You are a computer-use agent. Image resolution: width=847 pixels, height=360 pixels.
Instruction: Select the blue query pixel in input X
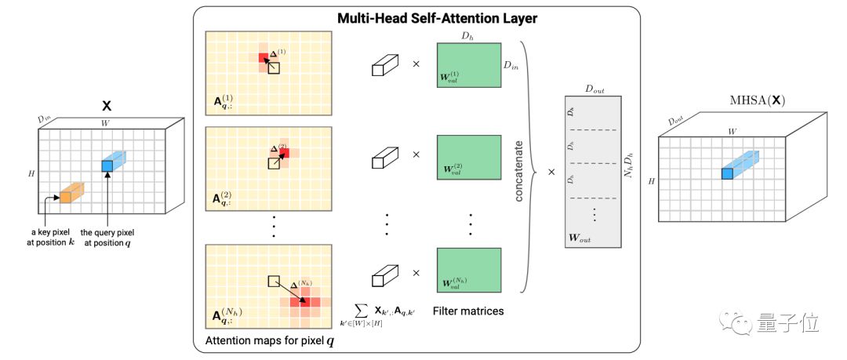pos(107,165)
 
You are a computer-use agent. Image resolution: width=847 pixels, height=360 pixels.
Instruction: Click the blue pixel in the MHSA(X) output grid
pos(727,173)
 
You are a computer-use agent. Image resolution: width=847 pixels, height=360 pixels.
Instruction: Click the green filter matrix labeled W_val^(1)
pos(468,64)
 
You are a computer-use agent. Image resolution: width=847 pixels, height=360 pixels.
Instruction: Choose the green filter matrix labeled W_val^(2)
pos(468,157)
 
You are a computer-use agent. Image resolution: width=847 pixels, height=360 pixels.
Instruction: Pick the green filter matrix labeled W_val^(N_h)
pos(468,271)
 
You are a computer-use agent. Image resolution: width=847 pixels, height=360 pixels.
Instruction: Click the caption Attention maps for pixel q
pos(264,340)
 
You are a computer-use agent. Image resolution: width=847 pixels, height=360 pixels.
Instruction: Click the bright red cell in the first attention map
pos(264,58)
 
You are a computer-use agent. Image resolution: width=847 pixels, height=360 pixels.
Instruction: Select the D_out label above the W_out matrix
pos(594,90)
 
